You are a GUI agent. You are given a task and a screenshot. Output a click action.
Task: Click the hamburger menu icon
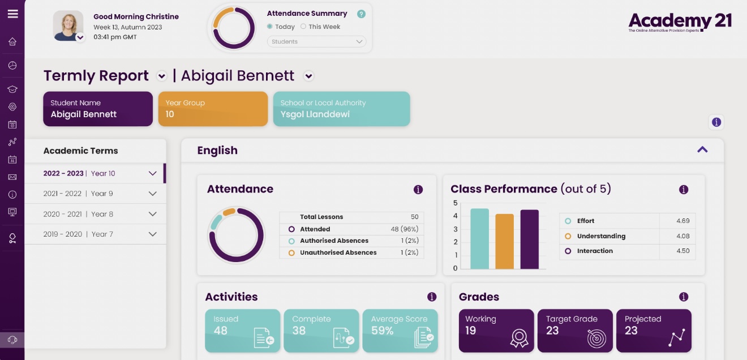12,14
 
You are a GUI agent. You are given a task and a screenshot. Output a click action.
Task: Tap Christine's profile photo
68,25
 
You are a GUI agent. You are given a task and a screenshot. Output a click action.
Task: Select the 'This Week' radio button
303,27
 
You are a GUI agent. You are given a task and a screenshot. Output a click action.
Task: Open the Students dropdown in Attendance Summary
316,41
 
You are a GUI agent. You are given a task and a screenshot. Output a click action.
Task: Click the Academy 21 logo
680,22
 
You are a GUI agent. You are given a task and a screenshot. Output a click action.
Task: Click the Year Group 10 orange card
213,109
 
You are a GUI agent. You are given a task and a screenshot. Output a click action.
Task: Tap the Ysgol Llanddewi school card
341,109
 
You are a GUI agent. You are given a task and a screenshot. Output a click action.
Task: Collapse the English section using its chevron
702,149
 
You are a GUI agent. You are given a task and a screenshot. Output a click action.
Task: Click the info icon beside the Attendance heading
418,190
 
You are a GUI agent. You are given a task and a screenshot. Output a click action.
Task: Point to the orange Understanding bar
504,241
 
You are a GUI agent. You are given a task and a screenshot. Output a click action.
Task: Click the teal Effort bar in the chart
479,238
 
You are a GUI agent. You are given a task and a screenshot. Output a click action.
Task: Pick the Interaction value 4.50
682,251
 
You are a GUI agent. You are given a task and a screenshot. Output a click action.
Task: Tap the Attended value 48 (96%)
403,229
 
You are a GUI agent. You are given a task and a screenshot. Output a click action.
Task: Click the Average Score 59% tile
400,331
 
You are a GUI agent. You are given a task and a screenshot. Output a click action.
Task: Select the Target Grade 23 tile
575,331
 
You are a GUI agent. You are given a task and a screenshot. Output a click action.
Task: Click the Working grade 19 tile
496,331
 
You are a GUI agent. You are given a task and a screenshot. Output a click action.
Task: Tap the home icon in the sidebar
12,41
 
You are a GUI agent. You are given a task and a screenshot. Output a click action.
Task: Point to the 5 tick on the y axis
456,203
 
